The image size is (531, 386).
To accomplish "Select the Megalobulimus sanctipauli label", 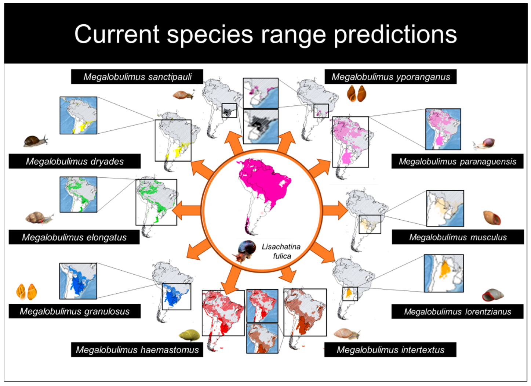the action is tap(137, 77).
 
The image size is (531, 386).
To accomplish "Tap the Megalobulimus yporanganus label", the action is tap(390, 77).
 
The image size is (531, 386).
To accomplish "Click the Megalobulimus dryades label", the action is tap(74, 161).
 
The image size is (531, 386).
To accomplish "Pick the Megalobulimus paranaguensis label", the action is tap(457, 161).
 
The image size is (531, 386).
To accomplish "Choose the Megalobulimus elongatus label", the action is tap(74, 237).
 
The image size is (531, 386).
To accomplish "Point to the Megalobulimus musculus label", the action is tap(458, 237).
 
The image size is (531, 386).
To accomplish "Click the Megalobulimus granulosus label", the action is tap(74, 311).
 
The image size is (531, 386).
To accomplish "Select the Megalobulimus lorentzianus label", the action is tap(457, 311).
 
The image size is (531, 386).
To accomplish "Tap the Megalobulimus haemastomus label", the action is tap(137, 350).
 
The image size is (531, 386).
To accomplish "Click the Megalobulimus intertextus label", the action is tap(390, 350).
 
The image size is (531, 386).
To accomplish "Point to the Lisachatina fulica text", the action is tap(281, 251).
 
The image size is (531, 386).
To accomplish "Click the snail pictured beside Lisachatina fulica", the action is tap(244, 252).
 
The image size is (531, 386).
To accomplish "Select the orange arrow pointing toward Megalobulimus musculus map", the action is tap(335, 210).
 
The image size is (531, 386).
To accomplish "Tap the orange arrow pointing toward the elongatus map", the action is tap(186, 210).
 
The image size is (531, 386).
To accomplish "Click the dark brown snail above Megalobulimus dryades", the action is tap(36, 141).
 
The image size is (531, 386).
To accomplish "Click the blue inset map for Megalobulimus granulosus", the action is tap(78, 281).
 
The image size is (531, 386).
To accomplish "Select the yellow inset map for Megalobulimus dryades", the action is tap(78, 115).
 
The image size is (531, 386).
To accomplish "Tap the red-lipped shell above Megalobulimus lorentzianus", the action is tap(492, 295).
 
